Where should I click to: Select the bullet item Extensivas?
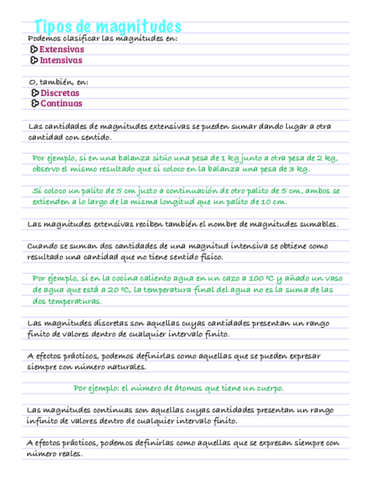pyautogui.click(x=62, y=50)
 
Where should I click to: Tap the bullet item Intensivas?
pyautogui.click(x=61, y=60)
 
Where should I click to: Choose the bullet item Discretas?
pyautogui.click(x=60, y=93)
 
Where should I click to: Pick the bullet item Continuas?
pyautogui.click(x=61, y=103)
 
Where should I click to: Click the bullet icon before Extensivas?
pyautogui.click(x=34, y=50)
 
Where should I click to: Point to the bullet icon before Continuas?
pyautogui.click(x=35, y=103)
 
